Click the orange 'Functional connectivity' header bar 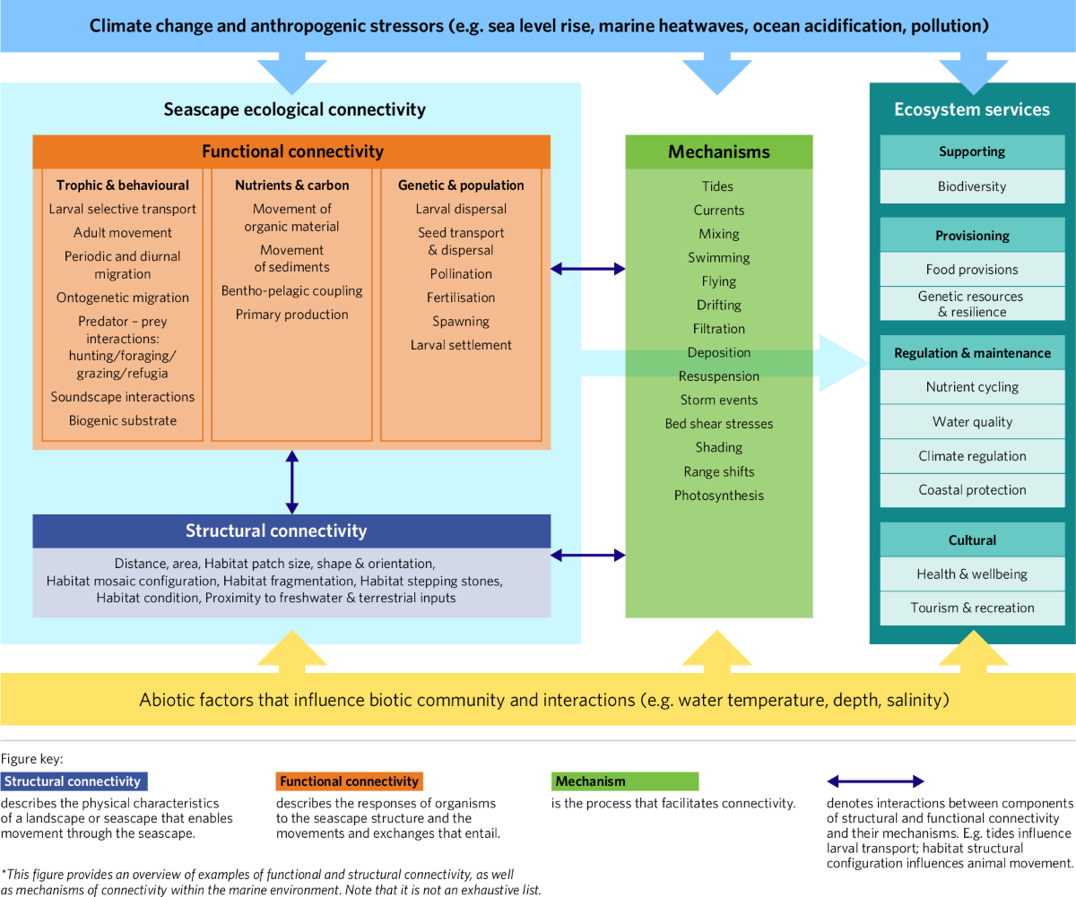pyautogui.click(x=291, y=151)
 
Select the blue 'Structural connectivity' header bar pyautogui.click(x=291, y=530)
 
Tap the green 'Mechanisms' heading pyautogui.click(x=719, y=151)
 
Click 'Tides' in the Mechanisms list pyautogui.click(x=718, y=186)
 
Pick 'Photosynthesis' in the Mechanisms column pyautogui.click(x=719, y=496)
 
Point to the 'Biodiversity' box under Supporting pyautogui.click(x=972, y=186)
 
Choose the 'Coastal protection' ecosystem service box pyautogui.click(x=972, y=490)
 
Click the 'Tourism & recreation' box pyautogui.click(x=972, y=608)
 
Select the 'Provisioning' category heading pyautogui.click(x=972, y=236)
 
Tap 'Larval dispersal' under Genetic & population pyautogui.click(x=461, y=209)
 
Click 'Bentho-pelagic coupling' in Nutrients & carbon pyautogui.click(x=291, y=290)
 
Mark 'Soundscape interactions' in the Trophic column pyautogui.click(x=123, y=397)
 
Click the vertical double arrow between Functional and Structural pyautogui.click(x=291, y=481)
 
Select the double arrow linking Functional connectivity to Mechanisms pyautogui.click(x=588, y=268)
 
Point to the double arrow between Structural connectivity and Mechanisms pyautogui.click(x=588, y=556)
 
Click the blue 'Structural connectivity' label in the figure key pyautogui.click(x=74, y=781)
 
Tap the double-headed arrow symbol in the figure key pyautogui.click(x=874, y=781)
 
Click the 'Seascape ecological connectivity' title pyautogui.click(x=294, y=109)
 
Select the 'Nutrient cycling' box pyautogui.click(x=972, y=387)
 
